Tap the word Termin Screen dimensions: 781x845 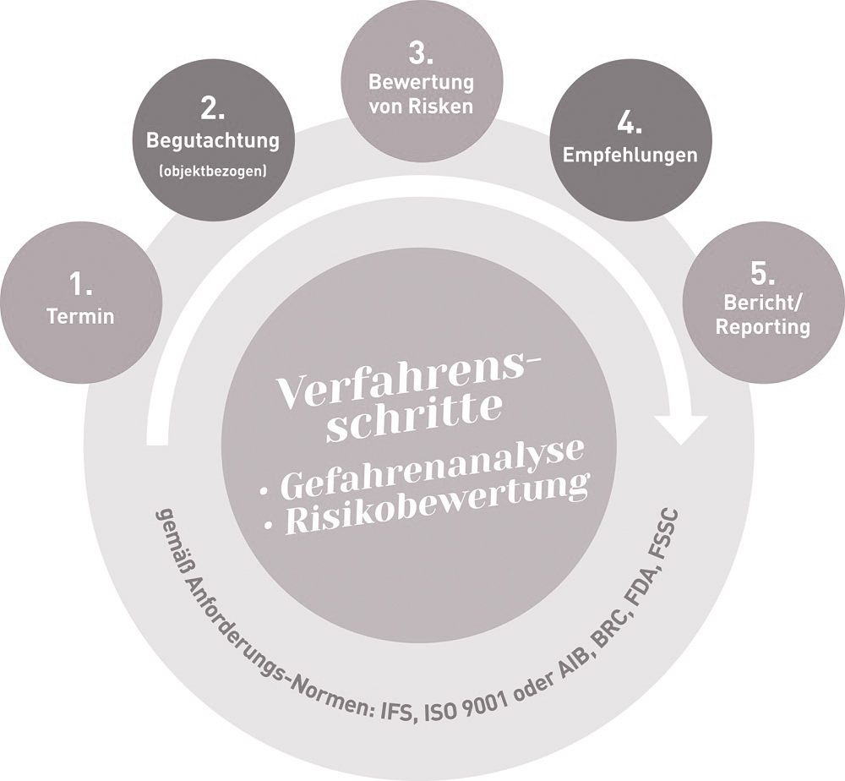tap(81, 317)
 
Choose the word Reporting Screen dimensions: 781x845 tap(763, 327)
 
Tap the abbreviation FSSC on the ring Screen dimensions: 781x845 tap(669, 538)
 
